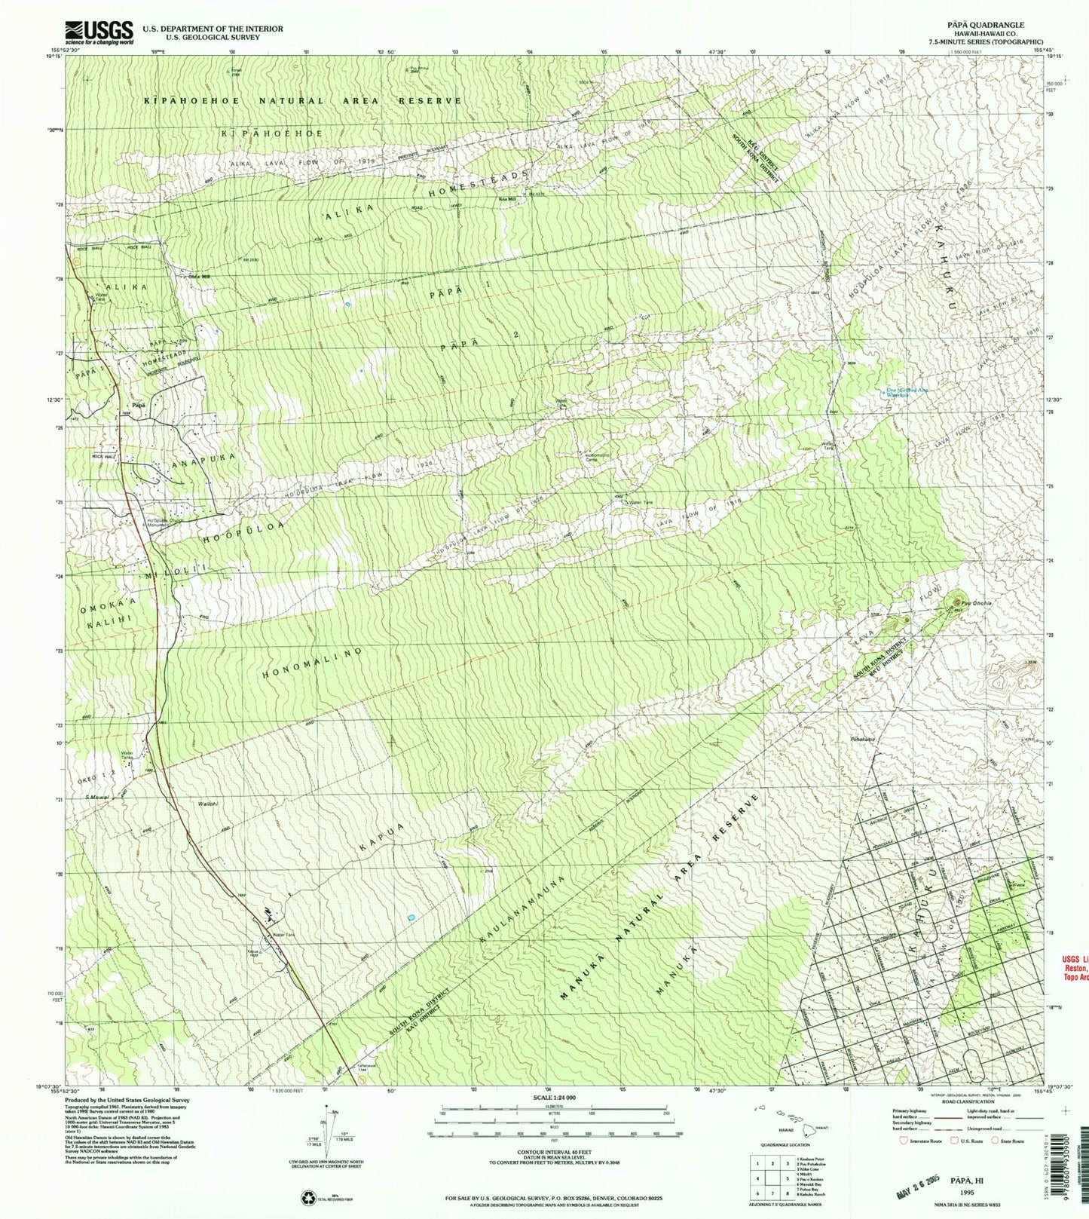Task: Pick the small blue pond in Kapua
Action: [411, 917]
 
